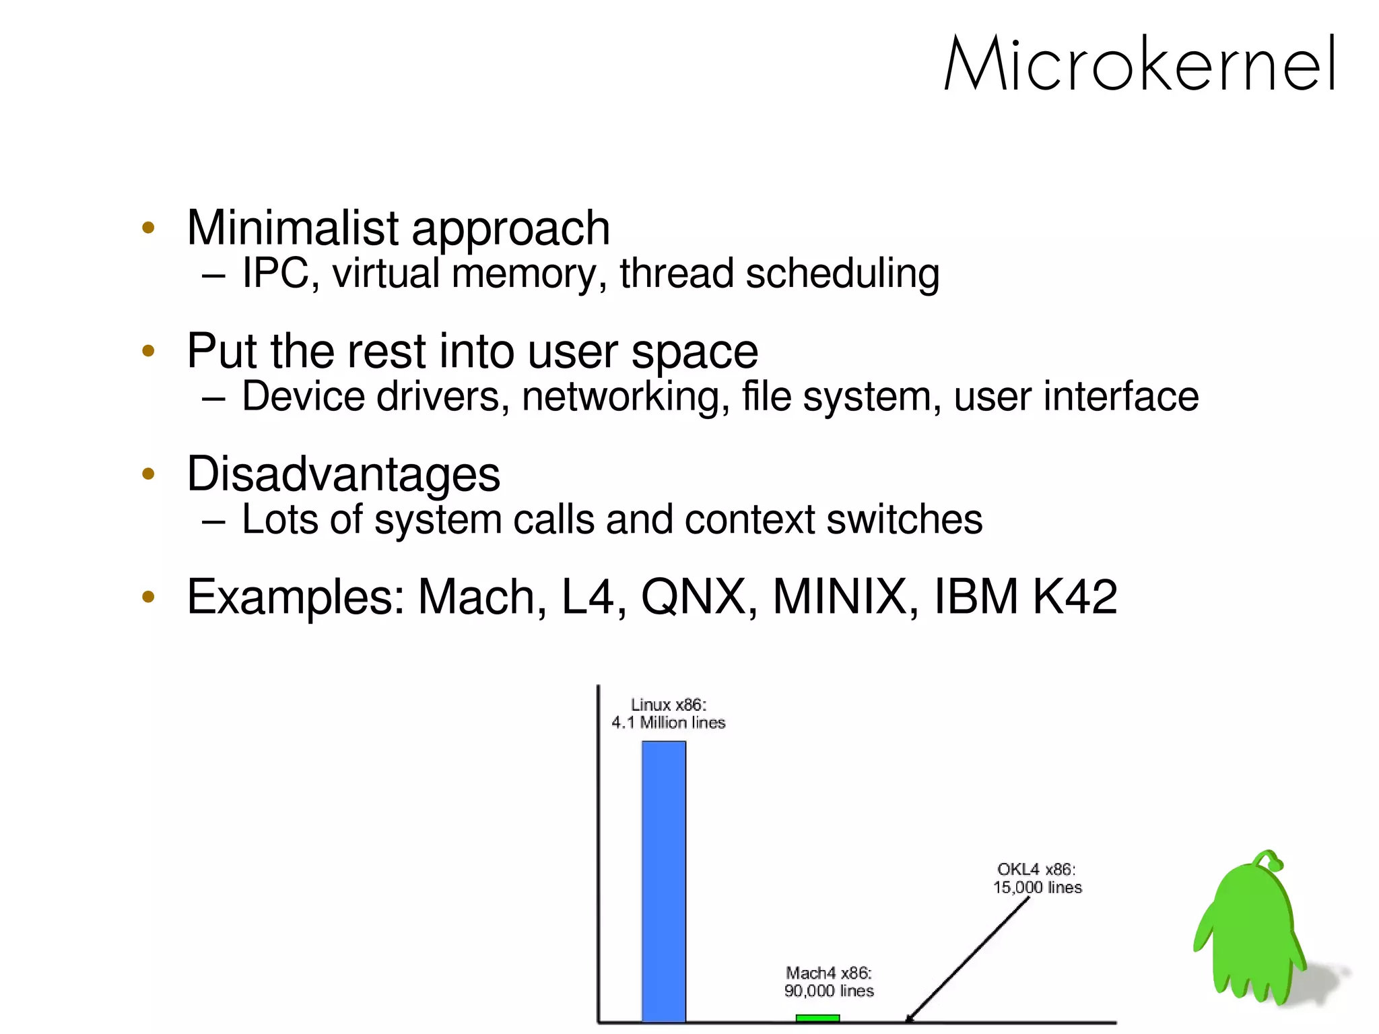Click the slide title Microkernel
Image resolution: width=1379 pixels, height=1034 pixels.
[1140, 65]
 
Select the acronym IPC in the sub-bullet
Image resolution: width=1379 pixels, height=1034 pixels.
[275, 273]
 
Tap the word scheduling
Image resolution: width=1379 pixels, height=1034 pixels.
[842, 273]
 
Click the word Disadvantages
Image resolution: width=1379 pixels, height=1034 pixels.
[343, 474]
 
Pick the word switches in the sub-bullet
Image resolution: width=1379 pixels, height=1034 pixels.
[904, 519]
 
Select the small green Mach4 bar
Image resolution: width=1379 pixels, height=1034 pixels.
[817, 1018]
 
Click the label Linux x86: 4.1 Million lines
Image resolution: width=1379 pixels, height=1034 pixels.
[668, 714]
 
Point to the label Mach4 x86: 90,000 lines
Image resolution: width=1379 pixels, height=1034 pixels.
[829, 981]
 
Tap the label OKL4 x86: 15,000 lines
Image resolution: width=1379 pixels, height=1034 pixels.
[1037, 878]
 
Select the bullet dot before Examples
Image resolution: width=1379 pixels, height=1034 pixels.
[149, 596]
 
